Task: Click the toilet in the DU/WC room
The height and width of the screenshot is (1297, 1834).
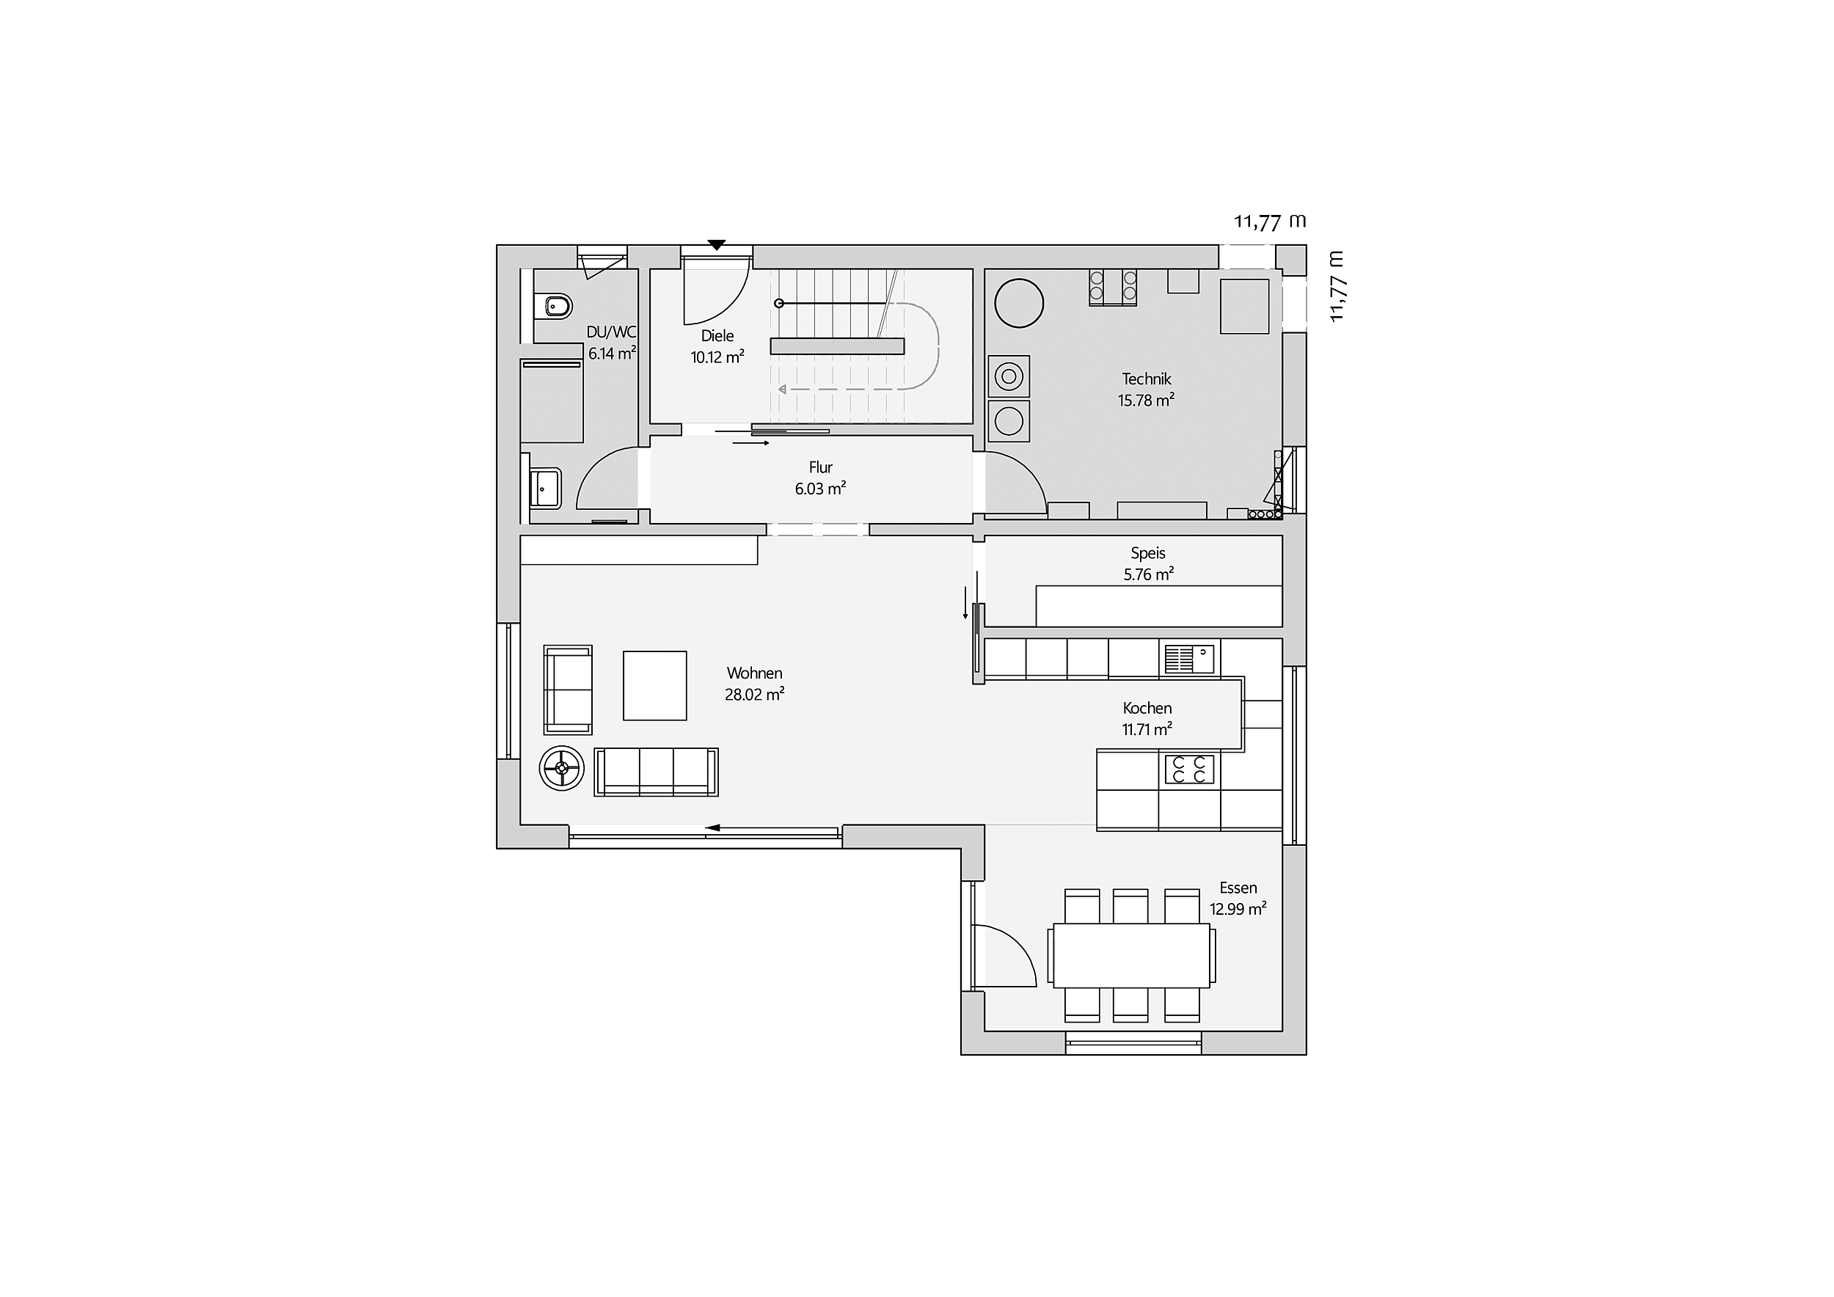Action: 556,306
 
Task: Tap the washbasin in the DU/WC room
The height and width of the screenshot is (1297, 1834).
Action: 546,487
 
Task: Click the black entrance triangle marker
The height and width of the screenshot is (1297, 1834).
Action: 717,245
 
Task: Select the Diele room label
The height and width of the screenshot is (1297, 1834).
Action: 717,336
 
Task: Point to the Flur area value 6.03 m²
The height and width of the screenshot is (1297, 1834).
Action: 820,489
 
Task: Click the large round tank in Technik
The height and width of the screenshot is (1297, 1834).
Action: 1019,304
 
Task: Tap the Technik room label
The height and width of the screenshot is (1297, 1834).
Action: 1146,379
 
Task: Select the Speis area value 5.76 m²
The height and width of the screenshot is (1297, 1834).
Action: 1149,574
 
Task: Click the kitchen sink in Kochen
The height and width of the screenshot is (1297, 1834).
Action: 1189,660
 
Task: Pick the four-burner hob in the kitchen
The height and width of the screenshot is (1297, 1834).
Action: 1189,770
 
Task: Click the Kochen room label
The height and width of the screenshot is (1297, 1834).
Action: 1147,709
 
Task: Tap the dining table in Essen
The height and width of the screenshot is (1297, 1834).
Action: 1132,955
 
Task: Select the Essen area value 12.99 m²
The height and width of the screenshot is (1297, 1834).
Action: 1238,909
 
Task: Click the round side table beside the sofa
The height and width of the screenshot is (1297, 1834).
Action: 563,768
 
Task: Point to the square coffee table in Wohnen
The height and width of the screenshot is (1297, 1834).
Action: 655,685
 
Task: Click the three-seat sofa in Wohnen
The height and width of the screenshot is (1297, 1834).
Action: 656,772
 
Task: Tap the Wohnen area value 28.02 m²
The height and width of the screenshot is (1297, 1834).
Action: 755,695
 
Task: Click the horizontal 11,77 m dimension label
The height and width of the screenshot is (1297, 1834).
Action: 1270,222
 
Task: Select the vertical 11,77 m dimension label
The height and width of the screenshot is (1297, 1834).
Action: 1337,287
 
